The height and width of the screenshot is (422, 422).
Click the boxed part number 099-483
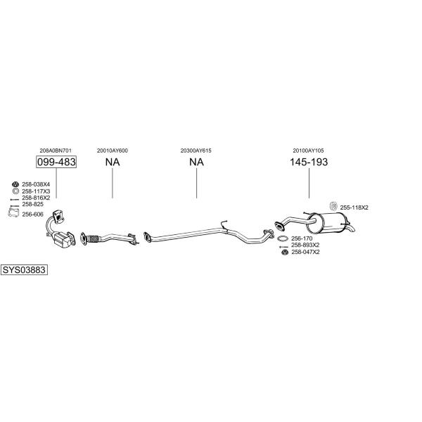pos(56,162)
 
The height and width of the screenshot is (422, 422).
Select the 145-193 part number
pos(309,162)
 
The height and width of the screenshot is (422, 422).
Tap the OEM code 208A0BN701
pos(56,151)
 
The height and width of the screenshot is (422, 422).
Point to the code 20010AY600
pos(113,151)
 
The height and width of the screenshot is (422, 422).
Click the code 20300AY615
pos(196,151)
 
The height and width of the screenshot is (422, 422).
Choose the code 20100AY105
pos(309,151)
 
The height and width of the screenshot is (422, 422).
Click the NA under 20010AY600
pos(113,162)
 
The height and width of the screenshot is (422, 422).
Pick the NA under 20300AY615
pos(196,162)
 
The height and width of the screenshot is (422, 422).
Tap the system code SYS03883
pos(24,269)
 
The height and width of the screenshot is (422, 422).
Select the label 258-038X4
pos(36,184)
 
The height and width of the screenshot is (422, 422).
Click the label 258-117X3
pos(36,191)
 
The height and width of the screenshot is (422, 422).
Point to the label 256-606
pos(32,215)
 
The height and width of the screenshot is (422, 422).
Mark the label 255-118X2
pos(354,207)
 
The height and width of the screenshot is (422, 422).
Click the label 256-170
pos(302,238)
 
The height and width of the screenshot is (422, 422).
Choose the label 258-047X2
pos(305,252)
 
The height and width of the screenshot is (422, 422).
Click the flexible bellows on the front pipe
pos(93,239)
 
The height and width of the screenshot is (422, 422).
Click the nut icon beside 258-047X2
pos(285,252)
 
